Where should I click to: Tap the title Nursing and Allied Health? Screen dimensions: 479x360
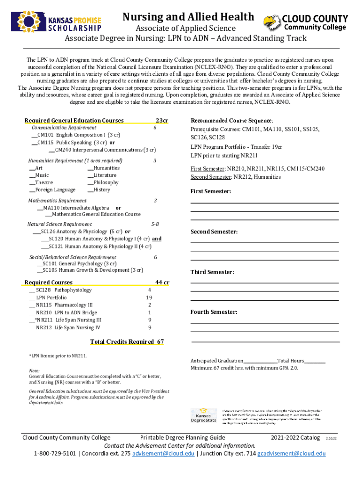point(188,17)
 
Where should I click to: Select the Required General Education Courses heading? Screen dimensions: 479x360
point(74,120)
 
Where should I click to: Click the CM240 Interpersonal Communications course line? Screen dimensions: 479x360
point(105,150)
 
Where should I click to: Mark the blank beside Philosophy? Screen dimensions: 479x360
point(90,182)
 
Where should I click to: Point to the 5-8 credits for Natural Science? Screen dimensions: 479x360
point(155,224)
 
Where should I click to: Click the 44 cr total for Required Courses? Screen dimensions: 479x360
point(162,282)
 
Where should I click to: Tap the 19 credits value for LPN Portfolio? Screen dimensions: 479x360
point(149,298)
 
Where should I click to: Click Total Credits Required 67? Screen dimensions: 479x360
point(127,341)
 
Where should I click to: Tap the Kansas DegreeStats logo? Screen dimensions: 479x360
point(204,415)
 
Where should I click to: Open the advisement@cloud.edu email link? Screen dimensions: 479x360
point(164,454)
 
